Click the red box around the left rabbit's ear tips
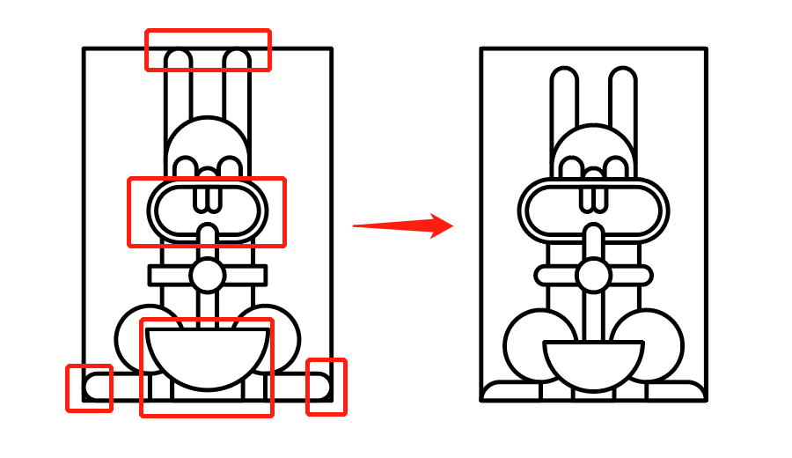click(x=208, y=49)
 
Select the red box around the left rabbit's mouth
click(x=207, y=211)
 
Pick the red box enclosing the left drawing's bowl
click(x=207, y=366)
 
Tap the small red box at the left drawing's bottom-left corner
click(x=89, y=388)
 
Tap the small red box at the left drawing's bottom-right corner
click(x=326, y=387)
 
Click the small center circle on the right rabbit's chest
click(x=592, y=274)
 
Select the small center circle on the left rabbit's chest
click(x=208, y=275)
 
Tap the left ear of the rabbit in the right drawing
click(x=563, y=97)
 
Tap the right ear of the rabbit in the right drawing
click(x=621, y=97)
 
